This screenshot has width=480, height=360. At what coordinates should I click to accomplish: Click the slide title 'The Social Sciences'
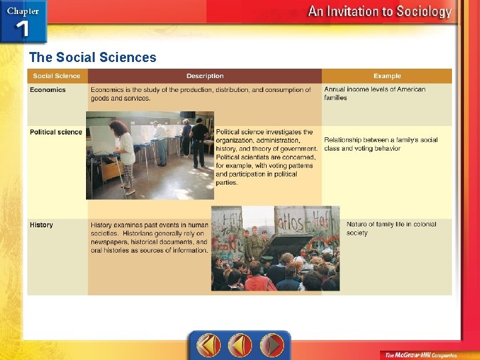93,57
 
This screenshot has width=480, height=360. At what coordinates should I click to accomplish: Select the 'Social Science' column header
57,77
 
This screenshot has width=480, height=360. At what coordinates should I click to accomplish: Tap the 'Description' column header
205,77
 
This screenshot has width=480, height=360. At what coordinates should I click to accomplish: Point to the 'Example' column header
387,77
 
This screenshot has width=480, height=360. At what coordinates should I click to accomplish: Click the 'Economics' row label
48,90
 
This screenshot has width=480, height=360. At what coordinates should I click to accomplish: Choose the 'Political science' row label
56,132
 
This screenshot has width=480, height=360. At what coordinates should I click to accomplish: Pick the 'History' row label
41,225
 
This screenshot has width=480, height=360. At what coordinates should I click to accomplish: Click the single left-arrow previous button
240,345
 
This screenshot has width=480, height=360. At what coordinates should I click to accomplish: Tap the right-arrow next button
272,345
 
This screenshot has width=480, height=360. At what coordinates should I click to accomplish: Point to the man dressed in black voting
199,140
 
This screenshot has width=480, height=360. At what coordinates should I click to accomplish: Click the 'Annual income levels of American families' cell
375,93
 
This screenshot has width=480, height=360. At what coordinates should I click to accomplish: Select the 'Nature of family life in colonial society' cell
391,229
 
